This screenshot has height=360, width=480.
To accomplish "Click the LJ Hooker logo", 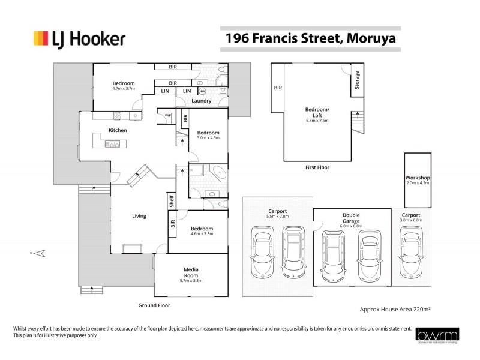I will pyautogui.click(x=79, y=40).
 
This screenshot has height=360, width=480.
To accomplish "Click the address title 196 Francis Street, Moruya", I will pyautogui.click(x=310, y=39).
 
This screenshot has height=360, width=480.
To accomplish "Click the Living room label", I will pyautogui.click(x=139, y=216).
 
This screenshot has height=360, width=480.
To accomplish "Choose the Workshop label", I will pyautogui.click(x=417, y=178).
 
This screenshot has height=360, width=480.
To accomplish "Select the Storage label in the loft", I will pyautogui.click(x=357, y=80).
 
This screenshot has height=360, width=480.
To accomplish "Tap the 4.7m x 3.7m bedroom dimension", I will pyautogui.click(x=124, y=89).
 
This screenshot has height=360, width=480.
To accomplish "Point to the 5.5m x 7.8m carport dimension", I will pyautogui.click(x=277, y=217).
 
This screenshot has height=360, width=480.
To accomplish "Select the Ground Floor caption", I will pyautogui.click(x=155, y=305).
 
